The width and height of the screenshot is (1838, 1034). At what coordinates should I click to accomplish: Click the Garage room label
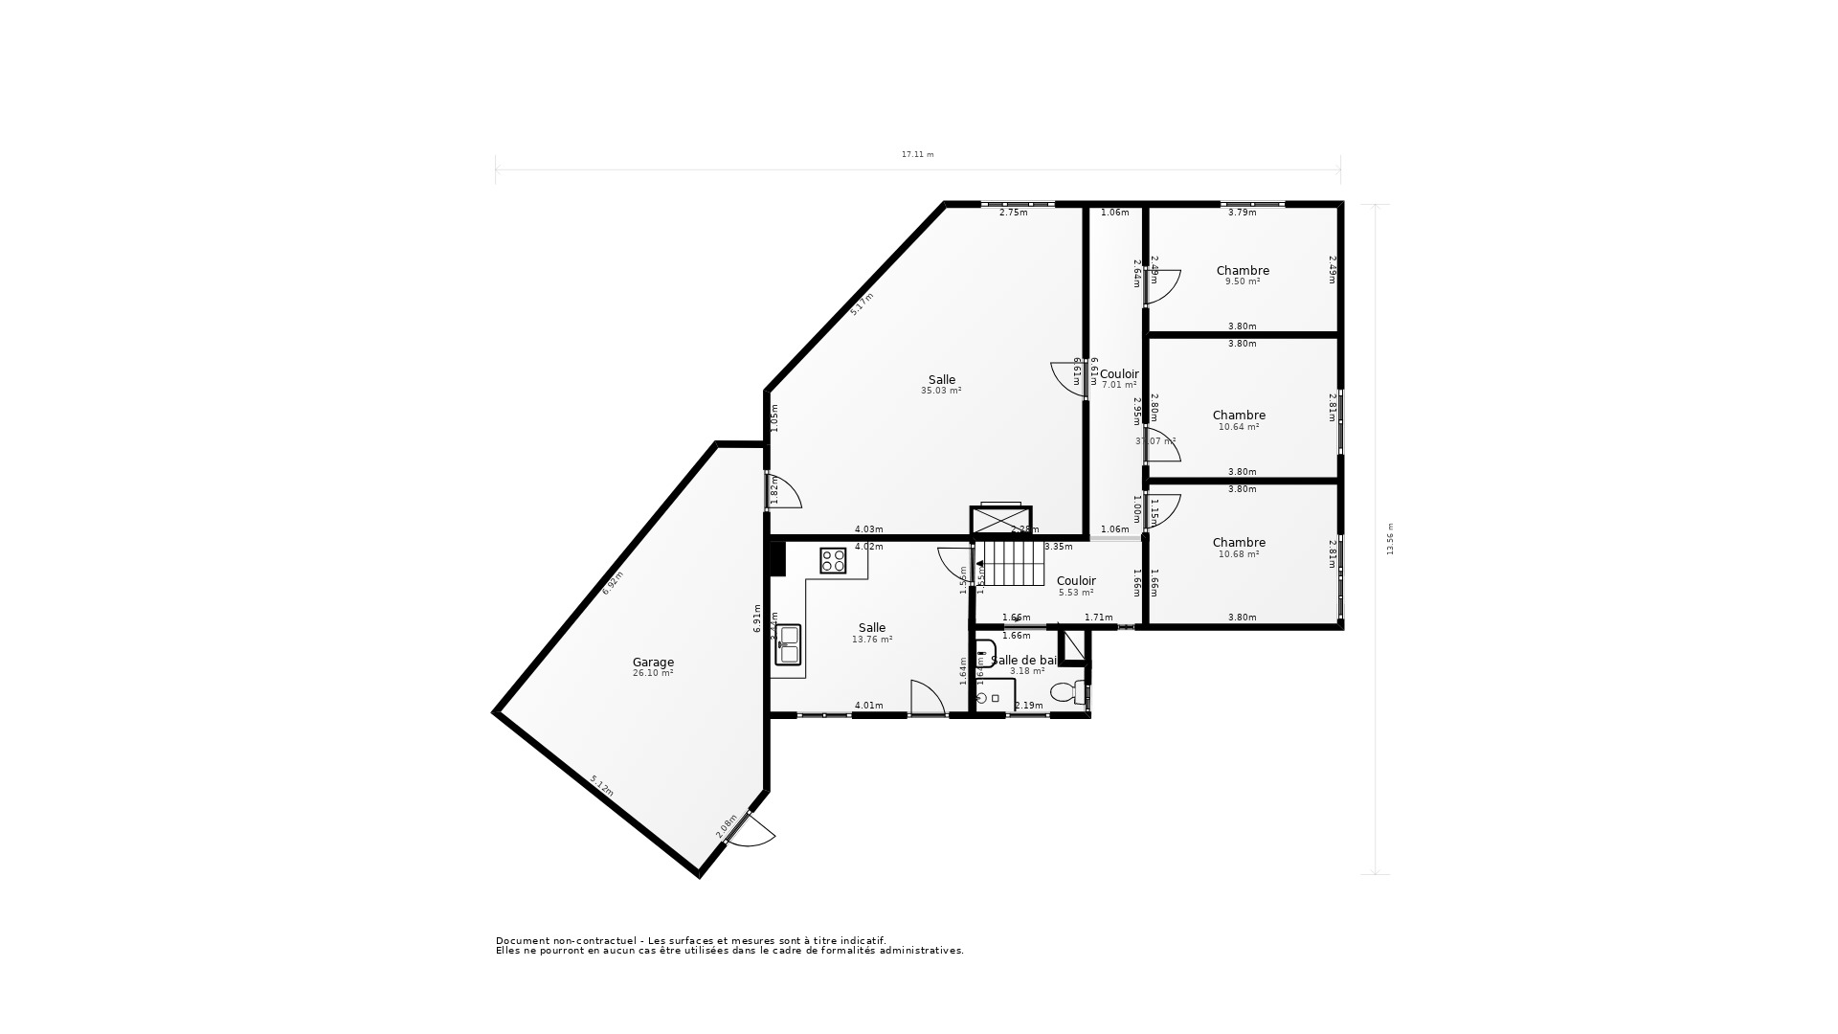coord(653,662)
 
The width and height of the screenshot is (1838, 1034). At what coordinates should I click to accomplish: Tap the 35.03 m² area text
coord(941,391)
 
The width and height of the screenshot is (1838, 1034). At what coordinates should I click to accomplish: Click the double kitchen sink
coord(788,643)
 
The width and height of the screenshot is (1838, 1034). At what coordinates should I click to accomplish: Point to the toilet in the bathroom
coord(1065,691)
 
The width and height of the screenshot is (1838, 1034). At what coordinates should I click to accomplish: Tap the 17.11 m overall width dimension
coord(917,154)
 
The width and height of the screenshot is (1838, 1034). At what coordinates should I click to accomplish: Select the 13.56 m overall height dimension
coord(1390,538)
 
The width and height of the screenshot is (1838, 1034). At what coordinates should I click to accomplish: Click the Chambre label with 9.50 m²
coord(1243,270)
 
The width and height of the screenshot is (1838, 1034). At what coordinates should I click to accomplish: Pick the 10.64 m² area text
coord(1239,427)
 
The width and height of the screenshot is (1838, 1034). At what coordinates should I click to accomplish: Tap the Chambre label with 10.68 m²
coord(1239,542)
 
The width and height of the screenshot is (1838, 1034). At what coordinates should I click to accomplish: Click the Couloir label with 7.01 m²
coord(1119,373)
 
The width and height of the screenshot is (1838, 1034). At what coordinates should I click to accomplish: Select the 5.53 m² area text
coord(1076,593)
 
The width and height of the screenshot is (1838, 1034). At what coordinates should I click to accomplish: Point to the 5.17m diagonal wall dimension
coord(862,304)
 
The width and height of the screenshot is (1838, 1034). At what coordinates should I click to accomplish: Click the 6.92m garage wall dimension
coord(613,583)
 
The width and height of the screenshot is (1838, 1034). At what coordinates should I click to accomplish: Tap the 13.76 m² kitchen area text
coord(872,640)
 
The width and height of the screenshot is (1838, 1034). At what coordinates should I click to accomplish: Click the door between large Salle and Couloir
coord(1067,379)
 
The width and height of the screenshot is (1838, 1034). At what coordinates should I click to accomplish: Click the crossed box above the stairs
coord(1000,521)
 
